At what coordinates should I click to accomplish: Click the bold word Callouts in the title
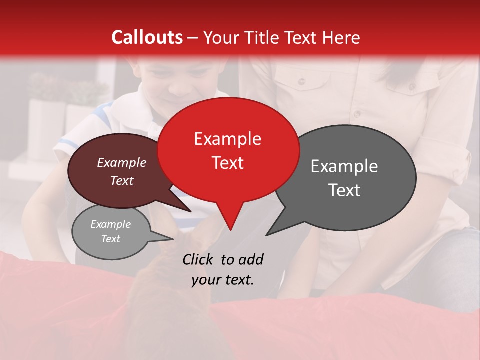click(147, 37)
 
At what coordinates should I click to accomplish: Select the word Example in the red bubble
click(227, 139)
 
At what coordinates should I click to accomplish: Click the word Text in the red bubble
click(227, 163)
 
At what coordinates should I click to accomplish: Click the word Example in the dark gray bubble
click(344, 166)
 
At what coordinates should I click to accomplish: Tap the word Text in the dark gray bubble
click(344, 190)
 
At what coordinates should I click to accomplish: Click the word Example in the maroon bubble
click(122, 162)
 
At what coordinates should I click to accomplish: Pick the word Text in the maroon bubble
click(122, 180)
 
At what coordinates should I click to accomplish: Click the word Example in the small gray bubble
click(110, 224)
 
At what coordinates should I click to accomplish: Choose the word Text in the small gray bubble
click(110, 239)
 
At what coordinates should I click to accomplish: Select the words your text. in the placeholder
click(223, 280)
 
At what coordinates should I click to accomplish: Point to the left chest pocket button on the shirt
click(302, 81)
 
